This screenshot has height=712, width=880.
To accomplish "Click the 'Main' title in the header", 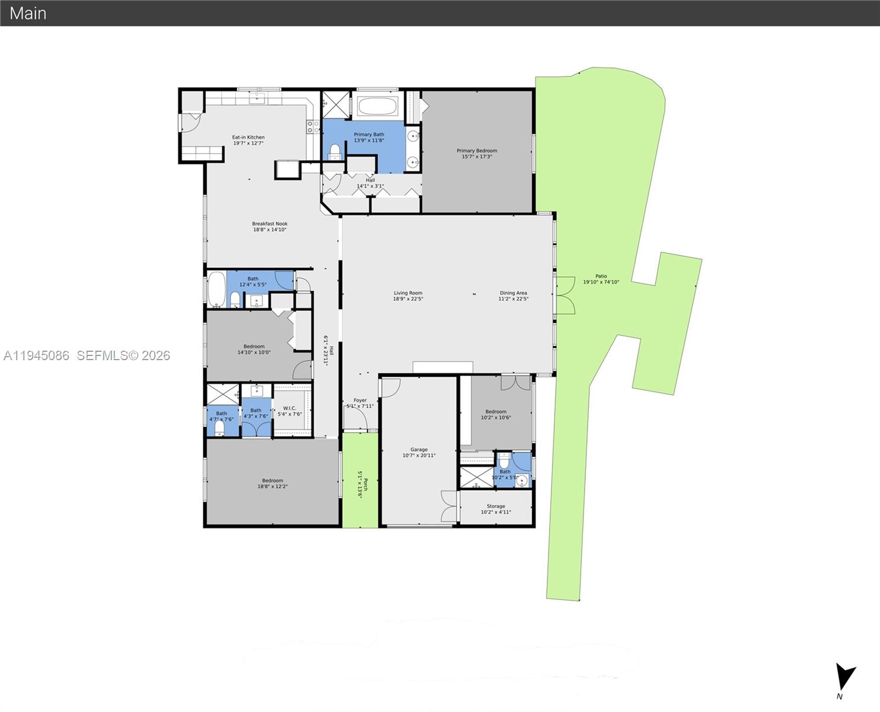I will [28, 13].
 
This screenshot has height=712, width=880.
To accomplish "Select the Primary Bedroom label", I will [477, 154].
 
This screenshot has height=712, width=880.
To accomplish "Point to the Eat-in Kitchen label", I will [248, 140].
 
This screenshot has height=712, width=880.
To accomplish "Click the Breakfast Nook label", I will [270, 227].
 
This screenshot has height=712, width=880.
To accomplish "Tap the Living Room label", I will [408, 295].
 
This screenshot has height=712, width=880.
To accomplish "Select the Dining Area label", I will [513, 295].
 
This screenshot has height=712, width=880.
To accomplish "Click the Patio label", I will [601, 279].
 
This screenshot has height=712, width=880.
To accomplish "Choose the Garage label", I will [419, 453].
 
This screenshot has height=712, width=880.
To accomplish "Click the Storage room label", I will [496, 509].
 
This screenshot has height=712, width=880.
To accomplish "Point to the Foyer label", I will [360, 403].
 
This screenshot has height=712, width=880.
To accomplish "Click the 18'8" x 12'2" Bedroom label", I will [272, 484].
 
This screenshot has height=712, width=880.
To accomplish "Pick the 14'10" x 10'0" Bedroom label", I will [254, 349].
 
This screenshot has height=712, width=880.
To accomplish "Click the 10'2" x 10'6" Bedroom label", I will [496, 414].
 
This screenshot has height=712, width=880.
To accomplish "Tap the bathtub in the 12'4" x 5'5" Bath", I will [216, 289].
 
